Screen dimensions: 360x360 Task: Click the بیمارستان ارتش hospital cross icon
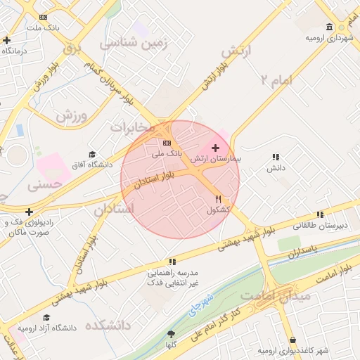pyautogui.click(x=214, y=148)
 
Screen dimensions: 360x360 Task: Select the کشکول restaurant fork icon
pyautogui.click(x=219, y=200)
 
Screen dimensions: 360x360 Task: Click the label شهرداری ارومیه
pyautogui.click(x=328, y=38)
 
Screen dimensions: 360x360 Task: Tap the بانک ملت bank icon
pyautogui.click(x=44, y=16)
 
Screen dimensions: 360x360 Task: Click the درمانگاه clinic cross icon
pyautogui.click(x=6, y=40)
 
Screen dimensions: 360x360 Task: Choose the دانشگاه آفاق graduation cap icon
pyautogui.click(x=91, y=155)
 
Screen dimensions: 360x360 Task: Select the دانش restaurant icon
pyautogui.click(x=276, y=157)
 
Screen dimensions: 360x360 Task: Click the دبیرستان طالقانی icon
pyautogui.click(x=320, y=214)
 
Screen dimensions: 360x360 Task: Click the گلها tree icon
pyautogui.click(x=171, y=334)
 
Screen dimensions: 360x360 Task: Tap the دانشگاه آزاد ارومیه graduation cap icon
pyautogui.click(x=46, y=318)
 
